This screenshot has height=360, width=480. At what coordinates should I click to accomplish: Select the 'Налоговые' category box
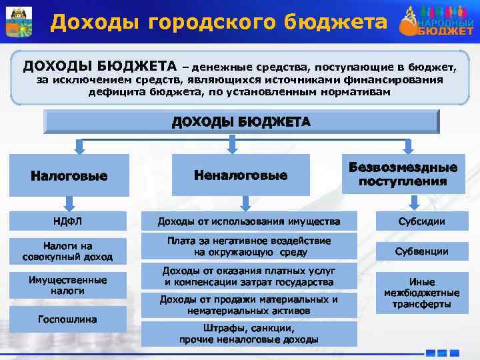pos(69,176)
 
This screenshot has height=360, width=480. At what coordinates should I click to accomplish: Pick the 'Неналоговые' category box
pos(240,175)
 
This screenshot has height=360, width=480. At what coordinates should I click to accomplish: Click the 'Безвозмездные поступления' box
pos(403,175)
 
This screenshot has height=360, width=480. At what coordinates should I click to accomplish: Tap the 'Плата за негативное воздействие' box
pos(248,246)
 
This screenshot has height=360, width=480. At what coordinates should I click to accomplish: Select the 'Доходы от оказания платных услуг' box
pos(248,277)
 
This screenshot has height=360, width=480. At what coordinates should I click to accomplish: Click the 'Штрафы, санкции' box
pos(248,334)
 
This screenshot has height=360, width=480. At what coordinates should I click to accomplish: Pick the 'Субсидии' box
pos(421,221)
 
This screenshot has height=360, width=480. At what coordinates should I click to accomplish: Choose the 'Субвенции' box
pos(421,251)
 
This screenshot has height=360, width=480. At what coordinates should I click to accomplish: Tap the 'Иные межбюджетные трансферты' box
pos(421,293)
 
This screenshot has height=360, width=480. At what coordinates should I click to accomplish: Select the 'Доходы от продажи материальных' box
pos(248,305)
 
